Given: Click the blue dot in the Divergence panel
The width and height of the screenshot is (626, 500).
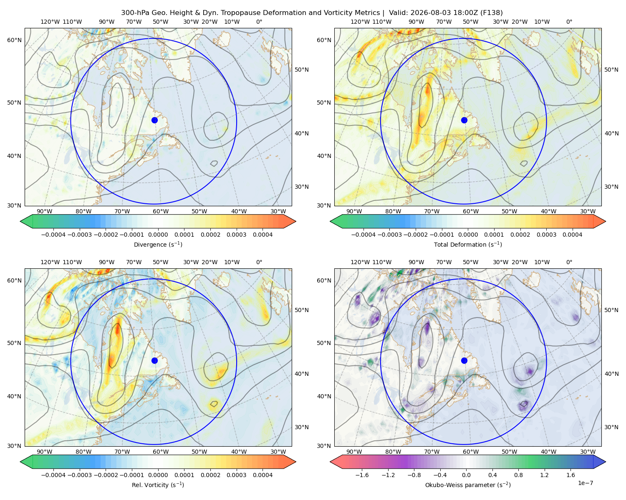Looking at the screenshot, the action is [x=154, y=120].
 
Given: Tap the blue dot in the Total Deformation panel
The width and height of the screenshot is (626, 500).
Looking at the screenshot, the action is [x=464, y=120].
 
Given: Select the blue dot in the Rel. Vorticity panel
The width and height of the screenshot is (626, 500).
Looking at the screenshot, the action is [x=154, y=360].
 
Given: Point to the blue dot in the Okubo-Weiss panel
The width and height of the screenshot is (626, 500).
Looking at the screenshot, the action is [x=464, y=360].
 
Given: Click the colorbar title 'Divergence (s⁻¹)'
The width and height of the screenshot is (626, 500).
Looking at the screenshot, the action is [x=158, y=244].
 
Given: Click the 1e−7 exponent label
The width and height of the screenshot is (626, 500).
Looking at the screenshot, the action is [x=585, y=483].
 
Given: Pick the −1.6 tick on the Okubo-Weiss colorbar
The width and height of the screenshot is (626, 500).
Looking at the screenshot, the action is [x=362, y=475].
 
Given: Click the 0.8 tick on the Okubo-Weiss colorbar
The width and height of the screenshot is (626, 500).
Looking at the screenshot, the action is [x=518, y=475].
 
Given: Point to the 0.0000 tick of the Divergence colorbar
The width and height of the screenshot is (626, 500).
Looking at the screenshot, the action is [x=158, y=235].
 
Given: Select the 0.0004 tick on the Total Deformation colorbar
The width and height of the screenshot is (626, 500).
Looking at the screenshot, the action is [x=572, y=235].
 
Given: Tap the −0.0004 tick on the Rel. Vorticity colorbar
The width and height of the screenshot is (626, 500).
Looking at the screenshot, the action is [x=53, y=475].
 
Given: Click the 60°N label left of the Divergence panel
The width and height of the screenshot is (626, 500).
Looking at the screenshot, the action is [x=14, y=40].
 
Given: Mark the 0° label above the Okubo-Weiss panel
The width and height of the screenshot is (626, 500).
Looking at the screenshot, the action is [x=569, y=262].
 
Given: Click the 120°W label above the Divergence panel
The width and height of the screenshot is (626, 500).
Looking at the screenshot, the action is [x=50, y=22].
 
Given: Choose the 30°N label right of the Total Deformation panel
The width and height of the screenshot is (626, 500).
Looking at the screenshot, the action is [x=611, y=187].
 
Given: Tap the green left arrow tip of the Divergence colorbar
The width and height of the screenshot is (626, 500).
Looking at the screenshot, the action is [x=20, y=221].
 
